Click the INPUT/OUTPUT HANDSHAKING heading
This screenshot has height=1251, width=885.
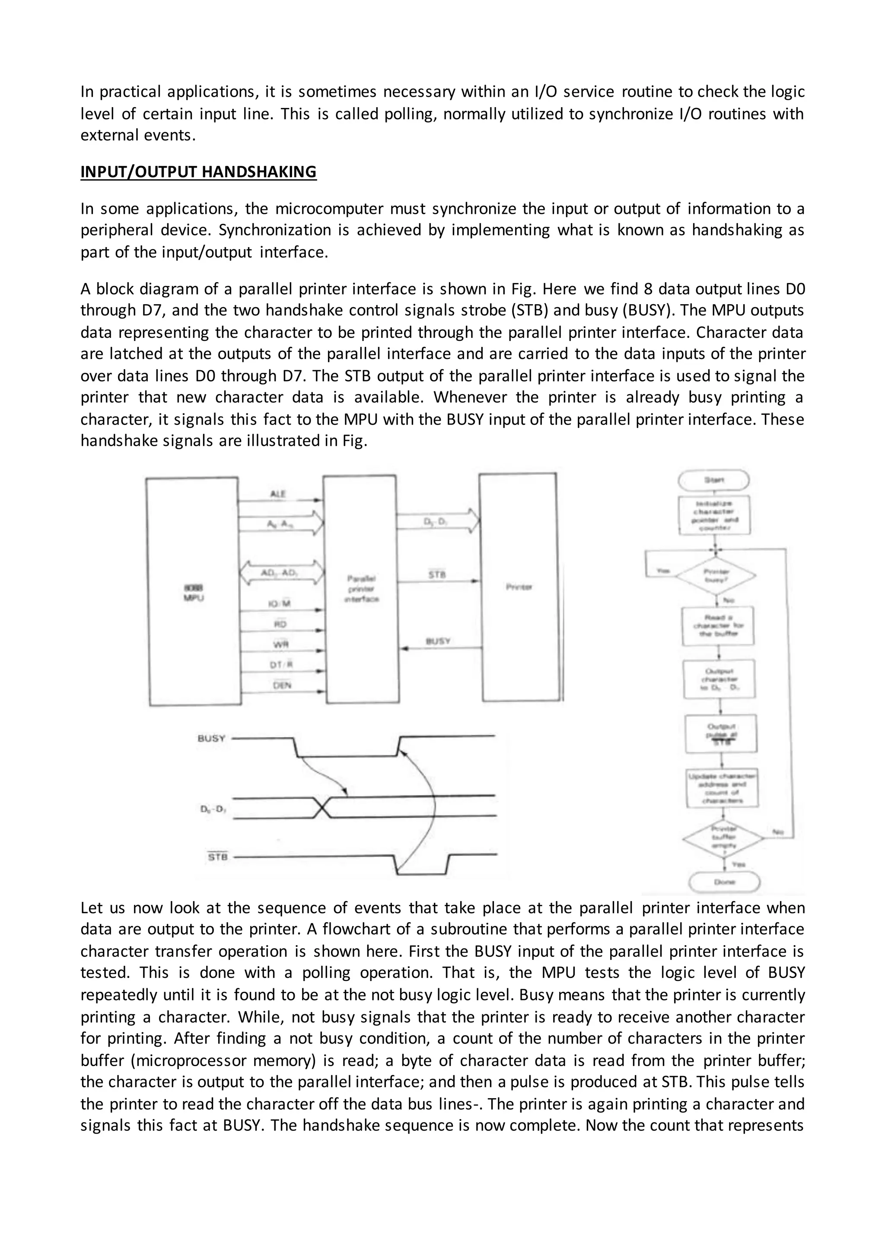[198, 171]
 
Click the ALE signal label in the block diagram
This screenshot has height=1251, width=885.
[278, 494]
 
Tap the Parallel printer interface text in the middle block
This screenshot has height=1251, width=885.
[361, 588]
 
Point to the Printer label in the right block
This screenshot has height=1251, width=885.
[519, 587]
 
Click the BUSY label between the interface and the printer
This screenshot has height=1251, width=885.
[438, 641]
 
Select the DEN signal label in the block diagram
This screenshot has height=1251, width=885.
[282, 686]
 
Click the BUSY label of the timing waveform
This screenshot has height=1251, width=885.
[211, 739]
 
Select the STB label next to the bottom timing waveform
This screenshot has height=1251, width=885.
[217, 857]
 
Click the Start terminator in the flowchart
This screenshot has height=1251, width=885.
[713, 480]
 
